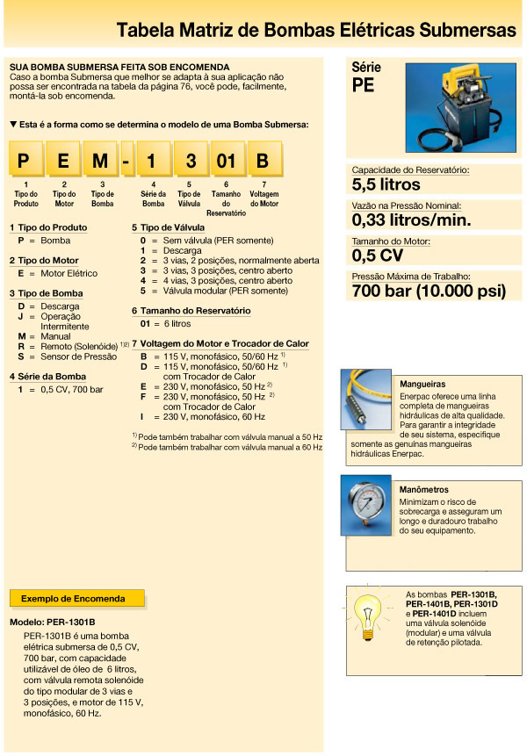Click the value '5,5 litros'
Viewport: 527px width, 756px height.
(386, 184)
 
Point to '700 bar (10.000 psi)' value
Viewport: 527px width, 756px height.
(422, 292)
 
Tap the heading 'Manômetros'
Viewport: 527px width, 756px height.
(424, 489)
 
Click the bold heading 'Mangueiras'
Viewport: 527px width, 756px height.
(422, 384)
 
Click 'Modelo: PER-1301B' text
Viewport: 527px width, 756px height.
(52, 622)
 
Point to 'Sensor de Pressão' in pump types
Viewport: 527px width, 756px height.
(78, 357)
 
